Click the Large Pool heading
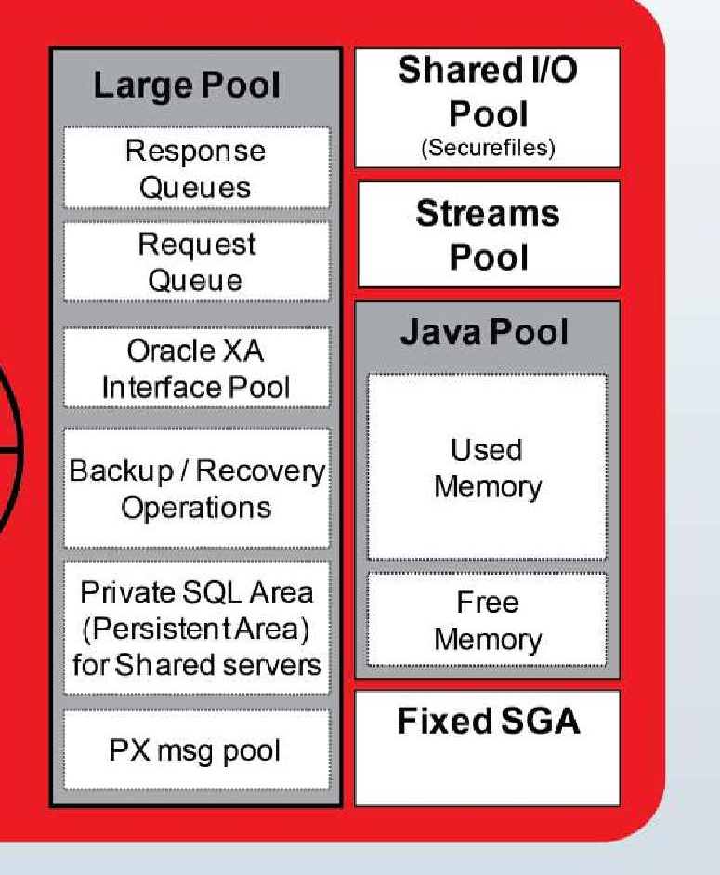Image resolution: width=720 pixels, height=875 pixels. [x=186, y=86]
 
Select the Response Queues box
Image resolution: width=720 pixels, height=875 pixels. [x=196, y=168]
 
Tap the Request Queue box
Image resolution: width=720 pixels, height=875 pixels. [x=196, y=261]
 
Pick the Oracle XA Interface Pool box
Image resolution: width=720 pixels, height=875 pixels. [x=196, y=368]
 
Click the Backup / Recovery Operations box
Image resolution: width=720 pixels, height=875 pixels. [x=196, y=488]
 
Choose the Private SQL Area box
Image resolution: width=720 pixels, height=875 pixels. [x=196, y=628]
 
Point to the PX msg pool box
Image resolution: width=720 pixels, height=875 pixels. [x=196, y=749]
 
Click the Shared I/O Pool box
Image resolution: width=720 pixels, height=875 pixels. [x=488, y=107]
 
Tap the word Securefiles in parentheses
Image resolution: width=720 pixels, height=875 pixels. [x=488, y=149]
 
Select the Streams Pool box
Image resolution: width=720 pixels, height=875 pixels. [x=488, y=234]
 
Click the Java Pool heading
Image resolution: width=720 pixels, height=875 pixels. [x=484, y=333]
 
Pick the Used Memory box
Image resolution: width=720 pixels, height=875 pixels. [x=487, y=468]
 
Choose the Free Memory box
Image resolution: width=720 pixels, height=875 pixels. [x=487, y=620]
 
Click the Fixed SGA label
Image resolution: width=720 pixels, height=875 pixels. [x=488, y=722]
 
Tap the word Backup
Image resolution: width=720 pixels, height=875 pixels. [x=116, y=471]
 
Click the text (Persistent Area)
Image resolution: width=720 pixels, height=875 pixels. [x=196, y=629]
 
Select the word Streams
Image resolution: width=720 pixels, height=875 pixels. [x=488, y=214]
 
